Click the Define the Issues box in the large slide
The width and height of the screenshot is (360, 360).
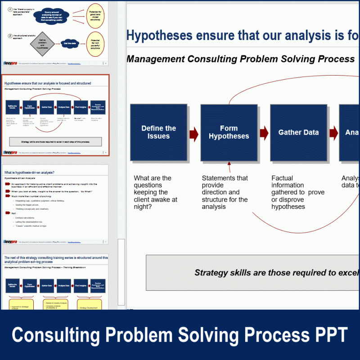(158, 132)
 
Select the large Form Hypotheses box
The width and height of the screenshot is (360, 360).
(229, 132)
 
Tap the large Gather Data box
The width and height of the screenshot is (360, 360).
(298, 132)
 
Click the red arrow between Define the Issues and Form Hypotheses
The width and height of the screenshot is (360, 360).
(194, 133)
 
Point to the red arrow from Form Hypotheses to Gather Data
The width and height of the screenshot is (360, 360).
(264, 132)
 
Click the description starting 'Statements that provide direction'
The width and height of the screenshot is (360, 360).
(225, 193)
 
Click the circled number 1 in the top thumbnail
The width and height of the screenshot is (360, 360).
(10, 9)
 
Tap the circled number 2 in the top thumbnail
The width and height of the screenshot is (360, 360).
(10, 36)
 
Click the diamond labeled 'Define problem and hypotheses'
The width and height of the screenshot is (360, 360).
(42, 44)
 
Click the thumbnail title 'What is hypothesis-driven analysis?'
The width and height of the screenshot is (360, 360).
(29, 173)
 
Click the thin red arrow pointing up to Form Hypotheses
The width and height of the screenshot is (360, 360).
(229, 169)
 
